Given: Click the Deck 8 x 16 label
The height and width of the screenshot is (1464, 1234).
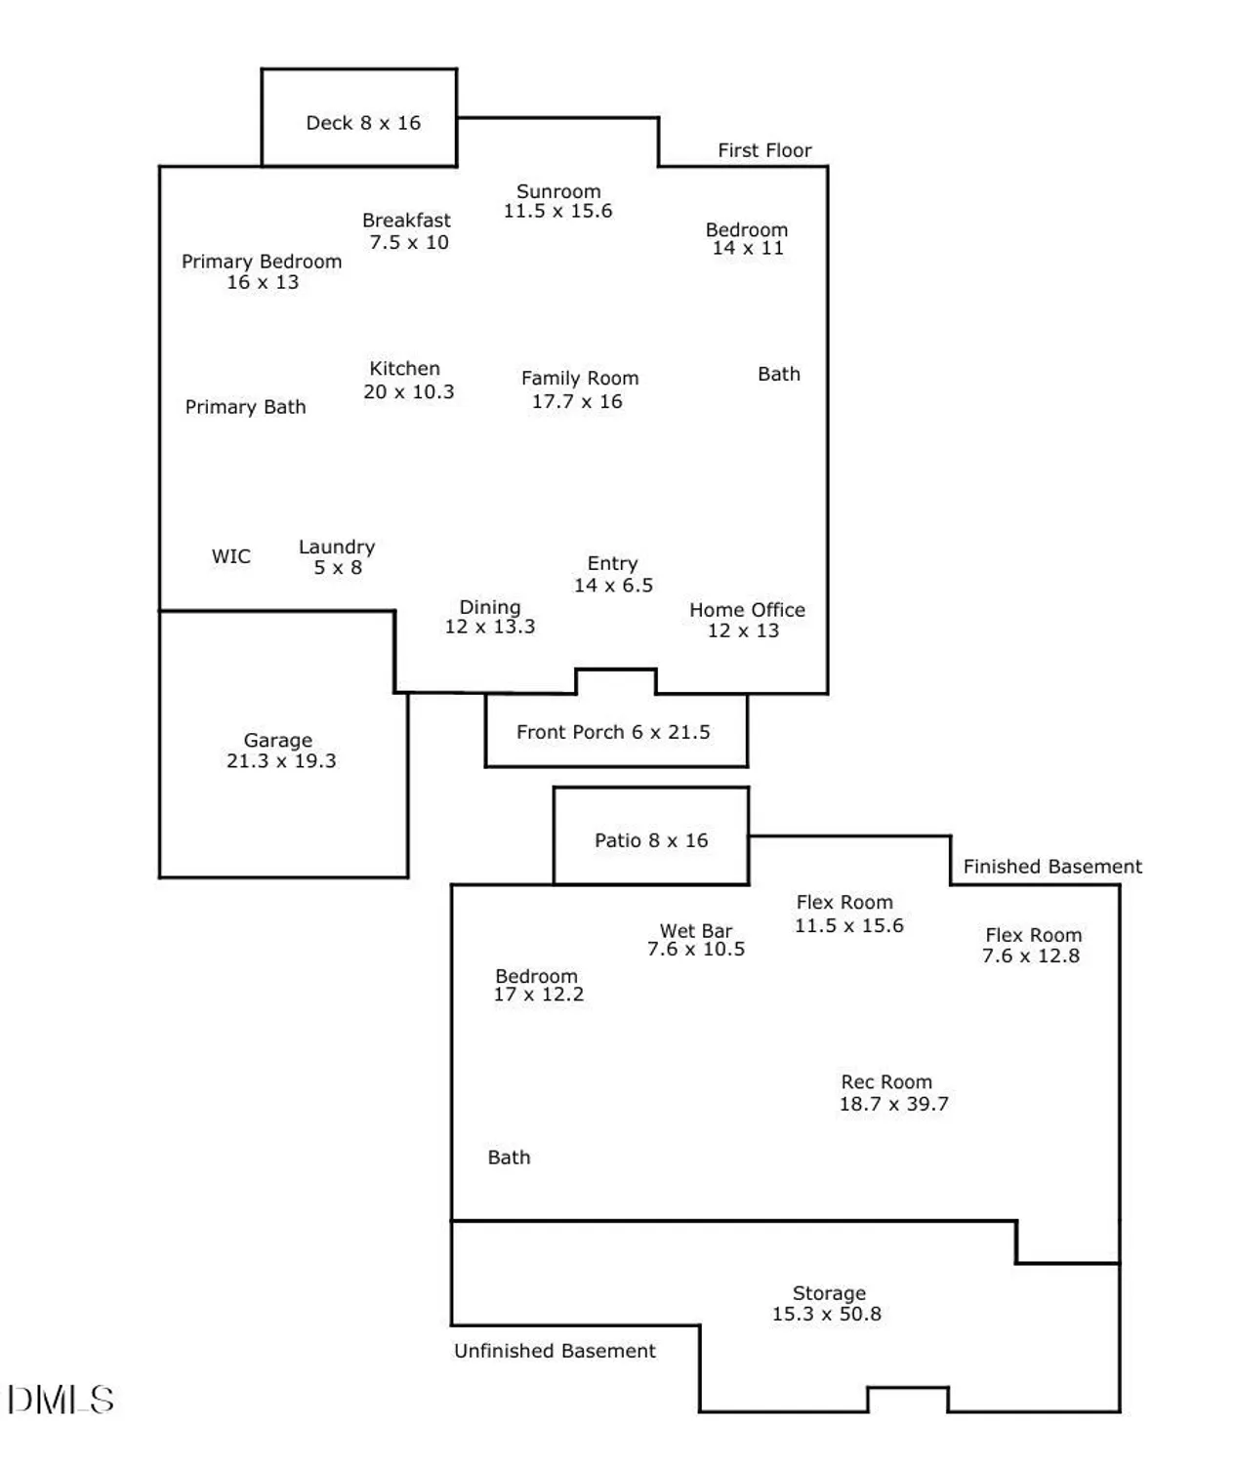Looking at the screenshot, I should pos(363,123).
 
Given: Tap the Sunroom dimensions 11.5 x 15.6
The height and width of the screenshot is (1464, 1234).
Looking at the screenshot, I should pos(557,211).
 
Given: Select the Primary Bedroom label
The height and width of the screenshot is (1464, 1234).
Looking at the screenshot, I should pos(262,262).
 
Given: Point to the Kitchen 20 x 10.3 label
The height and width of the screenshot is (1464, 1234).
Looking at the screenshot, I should pos(407,381).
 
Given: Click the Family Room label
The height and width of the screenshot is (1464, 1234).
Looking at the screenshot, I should pos(580,378).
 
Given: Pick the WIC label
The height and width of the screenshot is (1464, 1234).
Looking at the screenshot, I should pos(231,556).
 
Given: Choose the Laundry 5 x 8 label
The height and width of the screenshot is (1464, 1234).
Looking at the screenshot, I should pos(337,557).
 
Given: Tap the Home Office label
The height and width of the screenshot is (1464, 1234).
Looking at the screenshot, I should pos(747,610).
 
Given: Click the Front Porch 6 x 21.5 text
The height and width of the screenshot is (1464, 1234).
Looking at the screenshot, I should pos(613,732).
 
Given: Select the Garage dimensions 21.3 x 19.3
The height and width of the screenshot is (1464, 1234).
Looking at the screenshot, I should pos(281,761).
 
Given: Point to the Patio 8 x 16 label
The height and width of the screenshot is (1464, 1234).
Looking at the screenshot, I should pos(651,840).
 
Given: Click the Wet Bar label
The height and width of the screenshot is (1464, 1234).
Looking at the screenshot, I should pos(696,931).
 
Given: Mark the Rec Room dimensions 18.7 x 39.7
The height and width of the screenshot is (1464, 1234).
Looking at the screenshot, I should pos(893,1104).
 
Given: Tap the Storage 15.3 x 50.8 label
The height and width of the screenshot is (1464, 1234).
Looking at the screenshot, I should pos(828,1304).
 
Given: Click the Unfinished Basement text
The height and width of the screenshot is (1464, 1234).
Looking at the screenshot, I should pos(555,1351).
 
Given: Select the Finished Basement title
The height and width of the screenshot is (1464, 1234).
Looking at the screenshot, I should pos(1052,867).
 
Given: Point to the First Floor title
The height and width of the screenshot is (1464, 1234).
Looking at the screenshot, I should pos(764,150).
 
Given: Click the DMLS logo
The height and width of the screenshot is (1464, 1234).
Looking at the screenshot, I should pos(61,1400).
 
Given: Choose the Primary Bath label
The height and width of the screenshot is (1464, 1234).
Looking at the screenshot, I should pos(245,407).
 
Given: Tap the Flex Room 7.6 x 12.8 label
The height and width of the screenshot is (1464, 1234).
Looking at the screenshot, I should pos(1032,946).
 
